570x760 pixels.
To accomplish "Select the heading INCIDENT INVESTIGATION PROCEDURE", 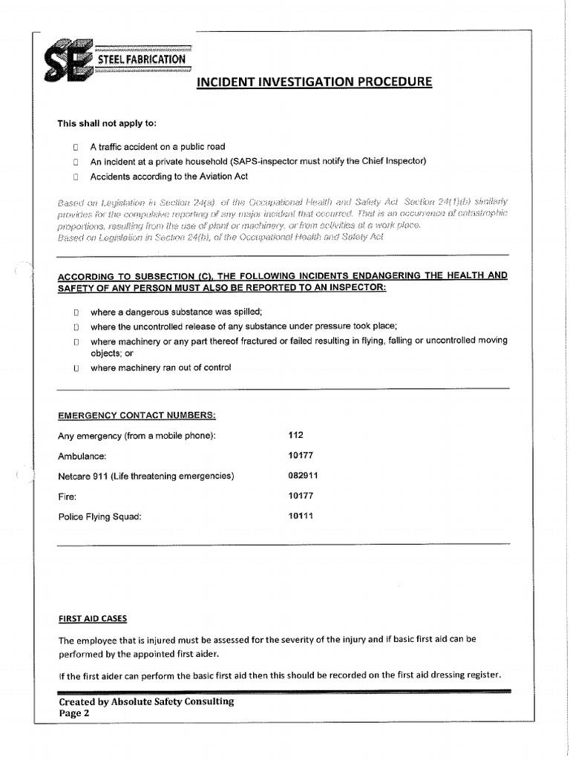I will [313, 81].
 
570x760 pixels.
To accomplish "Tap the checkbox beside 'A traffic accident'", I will [76, 147].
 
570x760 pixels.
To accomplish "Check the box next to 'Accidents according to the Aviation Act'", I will [76, 177].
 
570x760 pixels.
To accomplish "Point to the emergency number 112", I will [295, 435].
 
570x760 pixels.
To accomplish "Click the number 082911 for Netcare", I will [302, 475].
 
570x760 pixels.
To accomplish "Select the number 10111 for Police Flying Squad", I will [300, 515].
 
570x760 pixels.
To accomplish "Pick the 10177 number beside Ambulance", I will [300, 455].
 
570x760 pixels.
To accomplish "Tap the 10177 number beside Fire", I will [300, 495].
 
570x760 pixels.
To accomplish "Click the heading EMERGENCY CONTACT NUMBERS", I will [137, 415].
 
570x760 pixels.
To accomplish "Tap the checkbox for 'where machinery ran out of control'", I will [76, 368].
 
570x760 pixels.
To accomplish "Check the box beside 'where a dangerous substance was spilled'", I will [76, 312].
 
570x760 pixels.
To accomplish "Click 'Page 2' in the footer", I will [73, 713].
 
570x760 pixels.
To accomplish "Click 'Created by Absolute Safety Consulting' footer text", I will [146, 701].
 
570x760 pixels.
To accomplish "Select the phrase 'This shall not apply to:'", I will [108, 123].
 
